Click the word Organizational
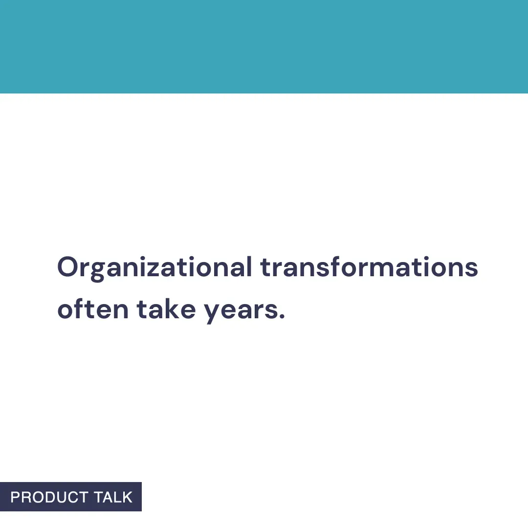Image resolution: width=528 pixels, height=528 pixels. click(x=154, y=268)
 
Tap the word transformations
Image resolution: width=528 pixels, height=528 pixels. click(x=369, y=268)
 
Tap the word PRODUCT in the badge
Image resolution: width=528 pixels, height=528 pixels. click(x=49, y=497)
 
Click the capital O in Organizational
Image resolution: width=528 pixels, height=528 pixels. click(x=68, y=267)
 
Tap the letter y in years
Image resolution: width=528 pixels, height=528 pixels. click(x=211, y=313)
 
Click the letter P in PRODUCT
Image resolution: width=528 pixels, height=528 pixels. click(x=15, y=497)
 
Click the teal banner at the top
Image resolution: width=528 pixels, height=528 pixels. click(x=264, y=46)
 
